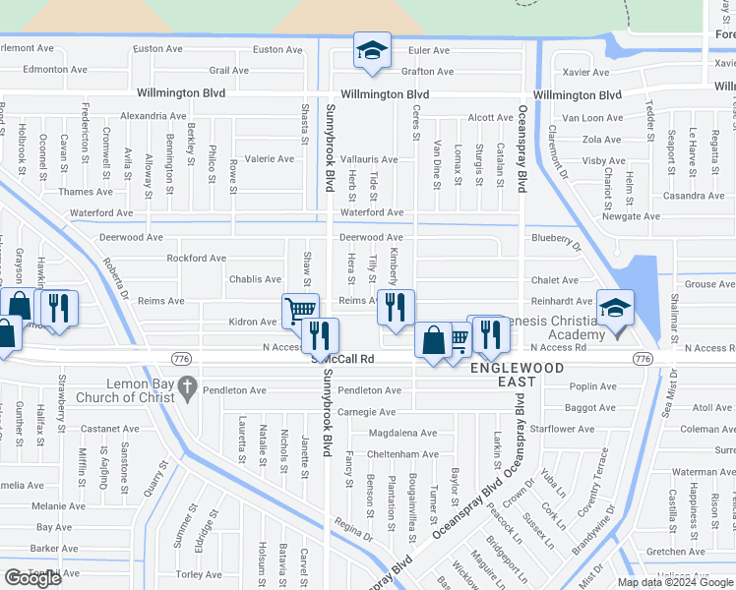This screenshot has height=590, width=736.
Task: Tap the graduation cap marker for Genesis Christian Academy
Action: tap(616, 308)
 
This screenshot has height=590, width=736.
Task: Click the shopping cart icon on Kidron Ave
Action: tap(300, 311)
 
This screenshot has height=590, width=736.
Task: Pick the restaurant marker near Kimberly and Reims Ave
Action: tap(396, 308)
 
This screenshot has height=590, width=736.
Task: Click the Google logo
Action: tap(32, 578)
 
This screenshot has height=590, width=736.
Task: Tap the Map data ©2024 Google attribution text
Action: tap(676, 581)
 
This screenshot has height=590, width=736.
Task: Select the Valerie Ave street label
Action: tap(269, 158)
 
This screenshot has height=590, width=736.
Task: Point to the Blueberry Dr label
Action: tap(556, 237)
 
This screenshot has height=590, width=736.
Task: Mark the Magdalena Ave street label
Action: tap(402, 433)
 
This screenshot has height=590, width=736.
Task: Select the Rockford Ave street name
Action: tap(197, 259)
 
